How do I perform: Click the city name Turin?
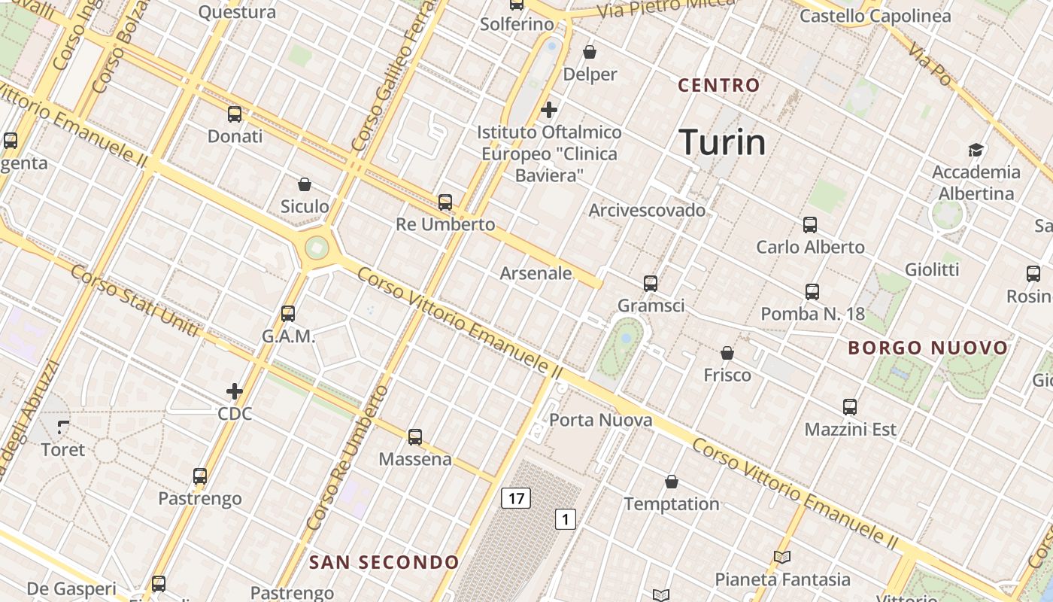722,142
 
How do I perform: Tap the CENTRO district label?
719,85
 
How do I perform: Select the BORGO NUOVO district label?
927,348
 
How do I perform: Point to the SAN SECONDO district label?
384,562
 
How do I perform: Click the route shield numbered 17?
516,498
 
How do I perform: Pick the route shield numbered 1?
566,518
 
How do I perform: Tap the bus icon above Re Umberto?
445,202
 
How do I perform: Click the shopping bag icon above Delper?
590,52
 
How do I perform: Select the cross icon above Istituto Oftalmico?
549,110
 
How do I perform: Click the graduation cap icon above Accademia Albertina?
976,150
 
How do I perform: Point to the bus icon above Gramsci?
651,284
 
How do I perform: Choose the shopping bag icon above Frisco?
727,353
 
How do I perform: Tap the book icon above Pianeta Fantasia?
782,558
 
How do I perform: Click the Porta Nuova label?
601,420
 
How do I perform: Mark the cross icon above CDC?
235,391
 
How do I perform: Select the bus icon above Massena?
414,437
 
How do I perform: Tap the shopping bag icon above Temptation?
672,482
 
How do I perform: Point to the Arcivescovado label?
647,210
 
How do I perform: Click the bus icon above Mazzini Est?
850,407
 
